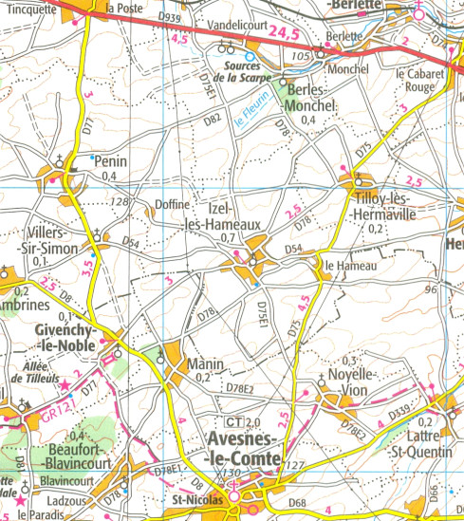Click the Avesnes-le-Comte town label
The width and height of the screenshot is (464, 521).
(243, 449)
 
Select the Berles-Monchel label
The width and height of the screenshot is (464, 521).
(306, 100)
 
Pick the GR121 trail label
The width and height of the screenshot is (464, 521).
(39, 415)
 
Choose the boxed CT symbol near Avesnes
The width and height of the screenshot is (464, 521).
(232, 421)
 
